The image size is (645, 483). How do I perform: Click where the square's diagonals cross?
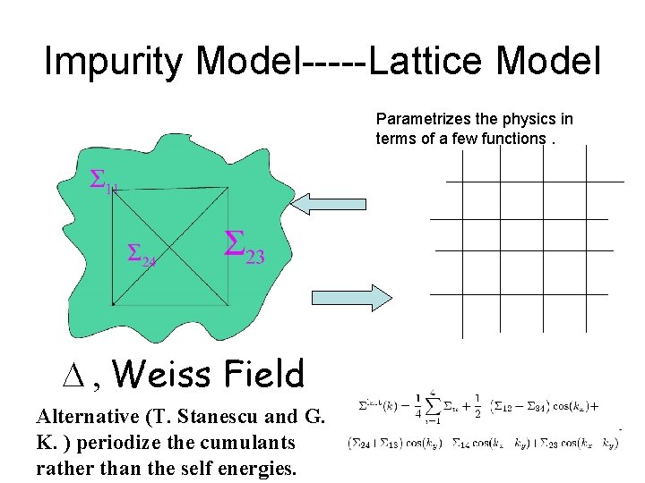click(171, 246)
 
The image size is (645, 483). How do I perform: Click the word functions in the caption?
click(512, 138)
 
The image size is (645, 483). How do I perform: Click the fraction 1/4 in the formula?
click(417, 403)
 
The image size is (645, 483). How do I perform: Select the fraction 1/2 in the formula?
click(477, 403)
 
